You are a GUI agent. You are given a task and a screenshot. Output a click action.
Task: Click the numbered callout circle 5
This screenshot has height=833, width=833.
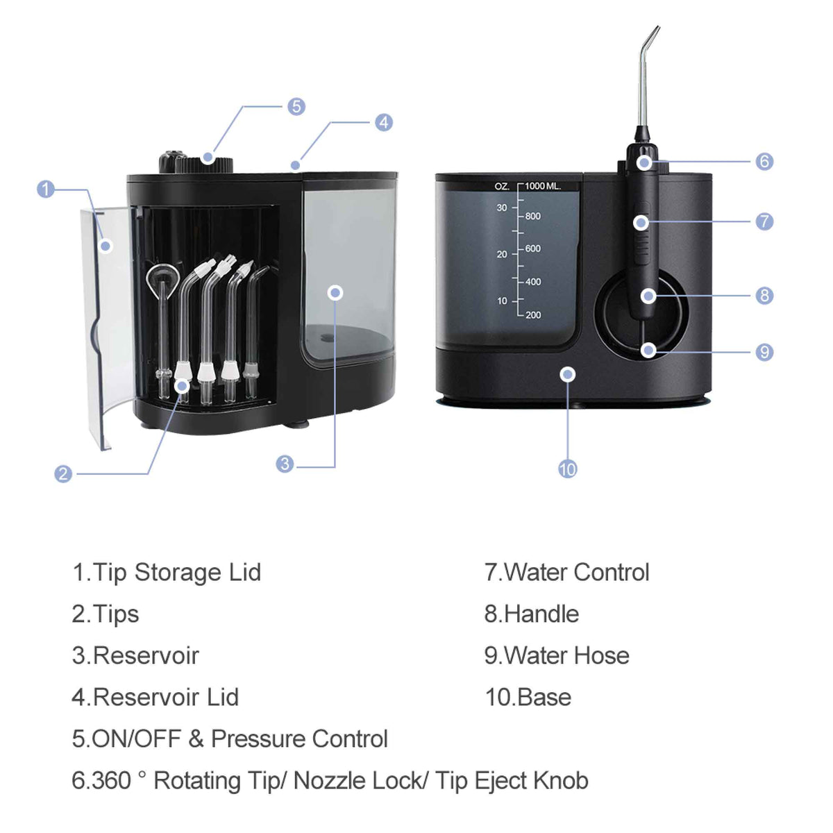click(x=296, y=106)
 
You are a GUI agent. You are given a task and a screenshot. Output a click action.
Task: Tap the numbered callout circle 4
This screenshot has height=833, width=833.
click(x=384, y=123)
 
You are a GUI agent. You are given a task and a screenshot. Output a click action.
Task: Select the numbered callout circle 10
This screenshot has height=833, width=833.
click(x=567, y=469)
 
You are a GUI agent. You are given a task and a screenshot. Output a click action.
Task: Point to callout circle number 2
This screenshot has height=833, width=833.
click(x=63, y=473)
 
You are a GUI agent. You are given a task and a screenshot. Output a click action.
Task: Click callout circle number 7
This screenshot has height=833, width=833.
click(x=764, y=221)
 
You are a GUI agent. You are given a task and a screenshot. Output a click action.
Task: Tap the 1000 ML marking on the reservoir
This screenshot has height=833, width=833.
click(x=542, y=186)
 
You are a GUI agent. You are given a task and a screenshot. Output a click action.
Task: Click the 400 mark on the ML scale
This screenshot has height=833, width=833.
click(x=533, y=282)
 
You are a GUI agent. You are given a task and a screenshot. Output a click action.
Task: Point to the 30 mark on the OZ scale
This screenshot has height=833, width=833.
click(x=502, y=208)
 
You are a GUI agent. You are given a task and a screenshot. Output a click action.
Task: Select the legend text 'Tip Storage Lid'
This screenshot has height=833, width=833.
click(x=176, y=573)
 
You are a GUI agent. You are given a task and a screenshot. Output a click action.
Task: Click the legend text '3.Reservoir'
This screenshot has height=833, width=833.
click(x=135, y=656)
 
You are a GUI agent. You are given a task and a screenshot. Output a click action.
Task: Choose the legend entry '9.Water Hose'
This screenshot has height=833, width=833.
click(x=557, y=656)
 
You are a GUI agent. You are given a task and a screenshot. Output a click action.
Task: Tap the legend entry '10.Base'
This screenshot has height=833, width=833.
click(x=528, y=698)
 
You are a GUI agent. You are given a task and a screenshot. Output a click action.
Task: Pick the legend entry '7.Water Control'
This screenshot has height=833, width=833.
click(x=566, y=573)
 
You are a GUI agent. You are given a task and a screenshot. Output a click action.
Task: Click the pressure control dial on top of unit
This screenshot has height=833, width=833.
click(x=196, y=163)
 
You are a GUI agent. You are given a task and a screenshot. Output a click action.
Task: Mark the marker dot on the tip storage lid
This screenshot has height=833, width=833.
click(x=106, y=245)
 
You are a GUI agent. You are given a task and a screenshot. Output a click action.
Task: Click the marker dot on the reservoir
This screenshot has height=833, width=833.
click(x=335, y=293)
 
